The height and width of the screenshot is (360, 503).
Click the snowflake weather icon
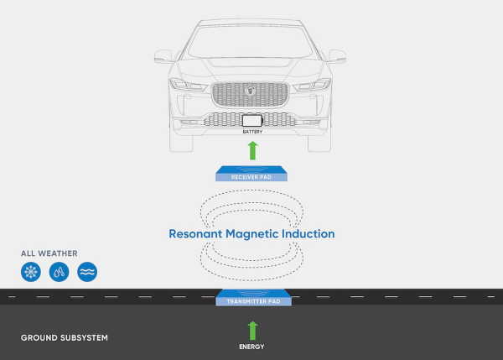tap(31, 272)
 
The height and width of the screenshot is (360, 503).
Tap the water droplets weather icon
tap(59, 272)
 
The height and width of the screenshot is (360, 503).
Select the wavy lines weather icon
tap(87, 272)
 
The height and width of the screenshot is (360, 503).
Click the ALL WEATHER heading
tap(49, 253)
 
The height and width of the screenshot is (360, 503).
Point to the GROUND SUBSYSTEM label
tap(65, 338)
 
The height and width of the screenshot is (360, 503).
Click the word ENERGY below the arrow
tap(251, 347)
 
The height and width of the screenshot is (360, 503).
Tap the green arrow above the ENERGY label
tap(253, 331)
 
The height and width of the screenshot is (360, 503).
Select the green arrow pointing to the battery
tap(253, 150)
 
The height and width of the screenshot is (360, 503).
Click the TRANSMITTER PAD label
tap(253, 301)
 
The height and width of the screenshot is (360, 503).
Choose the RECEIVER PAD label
tap(251, 177)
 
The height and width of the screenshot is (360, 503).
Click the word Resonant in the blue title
tap(195, 234)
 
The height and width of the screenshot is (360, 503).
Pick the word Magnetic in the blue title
tap(251, 234)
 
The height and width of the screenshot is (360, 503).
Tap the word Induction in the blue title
tap(308, 234)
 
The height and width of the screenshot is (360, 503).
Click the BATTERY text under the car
tap(252, 132)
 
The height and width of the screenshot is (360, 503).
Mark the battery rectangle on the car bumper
tap(252, 121)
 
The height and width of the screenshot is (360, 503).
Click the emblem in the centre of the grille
tap(251, 91)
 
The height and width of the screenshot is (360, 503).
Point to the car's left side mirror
tap(163, 56)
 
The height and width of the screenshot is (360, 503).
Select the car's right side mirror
tap(337, 56)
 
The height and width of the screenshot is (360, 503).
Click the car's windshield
tap(250, 41)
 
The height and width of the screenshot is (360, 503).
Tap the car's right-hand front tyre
tap(319, 143)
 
